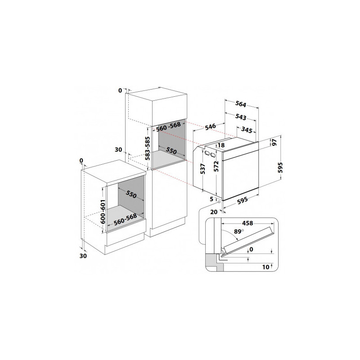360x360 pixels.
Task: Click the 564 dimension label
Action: (241, 104)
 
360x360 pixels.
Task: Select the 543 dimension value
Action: (241, 117)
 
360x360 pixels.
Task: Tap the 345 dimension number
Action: (247, 130)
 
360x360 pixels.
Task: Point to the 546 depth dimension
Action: (210, 126)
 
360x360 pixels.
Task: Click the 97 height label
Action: (274, 142)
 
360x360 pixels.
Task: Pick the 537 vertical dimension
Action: (202, 169)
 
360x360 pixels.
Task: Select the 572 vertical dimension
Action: (216, 166)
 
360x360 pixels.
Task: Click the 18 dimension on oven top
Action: (221, 145)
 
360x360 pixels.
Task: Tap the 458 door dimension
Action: (247, 223)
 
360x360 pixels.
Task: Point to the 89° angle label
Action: (239, 231)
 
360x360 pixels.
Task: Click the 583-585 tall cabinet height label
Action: (148, 148)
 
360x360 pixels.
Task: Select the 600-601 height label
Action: (103, 211)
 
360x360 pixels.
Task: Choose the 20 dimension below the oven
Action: (213, 212)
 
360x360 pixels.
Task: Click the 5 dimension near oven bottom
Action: (211, 199)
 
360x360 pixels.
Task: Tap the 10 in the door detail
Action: (265, 267)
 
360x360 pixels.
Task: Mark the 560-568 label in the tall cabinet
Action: (168, 126)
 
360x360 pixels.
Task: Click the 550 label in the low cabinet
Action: (131, 194)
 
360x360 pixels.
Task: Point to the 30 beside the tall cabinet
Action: (118, 150)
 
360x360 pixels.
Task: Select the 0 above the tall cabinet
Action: (120, 91)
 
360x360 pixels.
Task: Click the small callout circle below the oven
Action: (219, 202)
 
